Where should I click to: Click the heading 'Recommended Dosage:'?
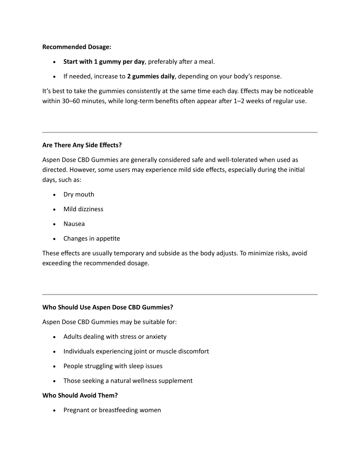(77, 47)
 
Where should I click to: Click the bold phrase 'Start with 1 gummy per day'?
(104, 62)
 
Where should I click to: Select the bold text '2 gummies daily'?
(151, 76)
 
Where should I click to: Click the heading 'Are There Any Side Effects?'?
(82, 145)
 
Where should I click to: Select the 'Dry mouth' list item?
(79, 194)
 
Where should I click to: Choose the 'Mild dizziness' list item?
(83, 209)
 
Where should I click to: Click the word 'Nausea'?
(74, 224)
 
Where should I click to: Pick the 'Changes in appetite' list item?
(92, 238)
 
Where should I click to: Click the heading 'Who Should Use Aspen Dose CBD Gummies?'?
(108, 307)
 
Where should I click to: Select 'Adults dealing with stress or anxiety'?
(115, 337)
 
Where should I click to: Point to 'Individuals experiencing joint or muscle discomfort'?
(136, 351)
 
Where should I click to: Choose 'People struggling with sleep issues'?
(113, 366)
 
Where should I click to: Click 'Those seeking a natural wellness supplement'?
(128, 381)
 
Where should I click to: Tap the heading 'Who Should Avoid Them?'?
(80, 395)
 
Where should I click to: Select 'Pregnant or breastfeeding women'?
(112, 410)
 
